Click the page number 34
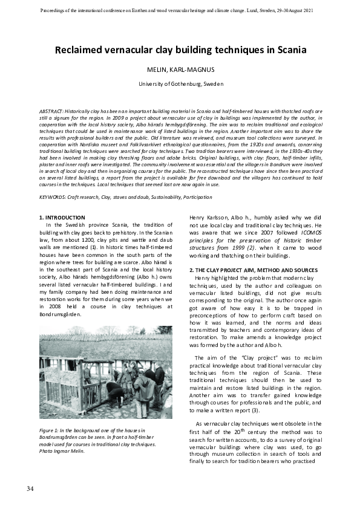pyautogui.click(x=30, y=488)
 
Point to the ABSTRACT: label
pyautogui.click(x=53, y=112)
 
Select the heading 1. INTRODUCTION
pyautogui.click(x=62, y=217)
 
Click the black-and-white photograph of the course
pyautogui.click(x=105, y=373)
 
